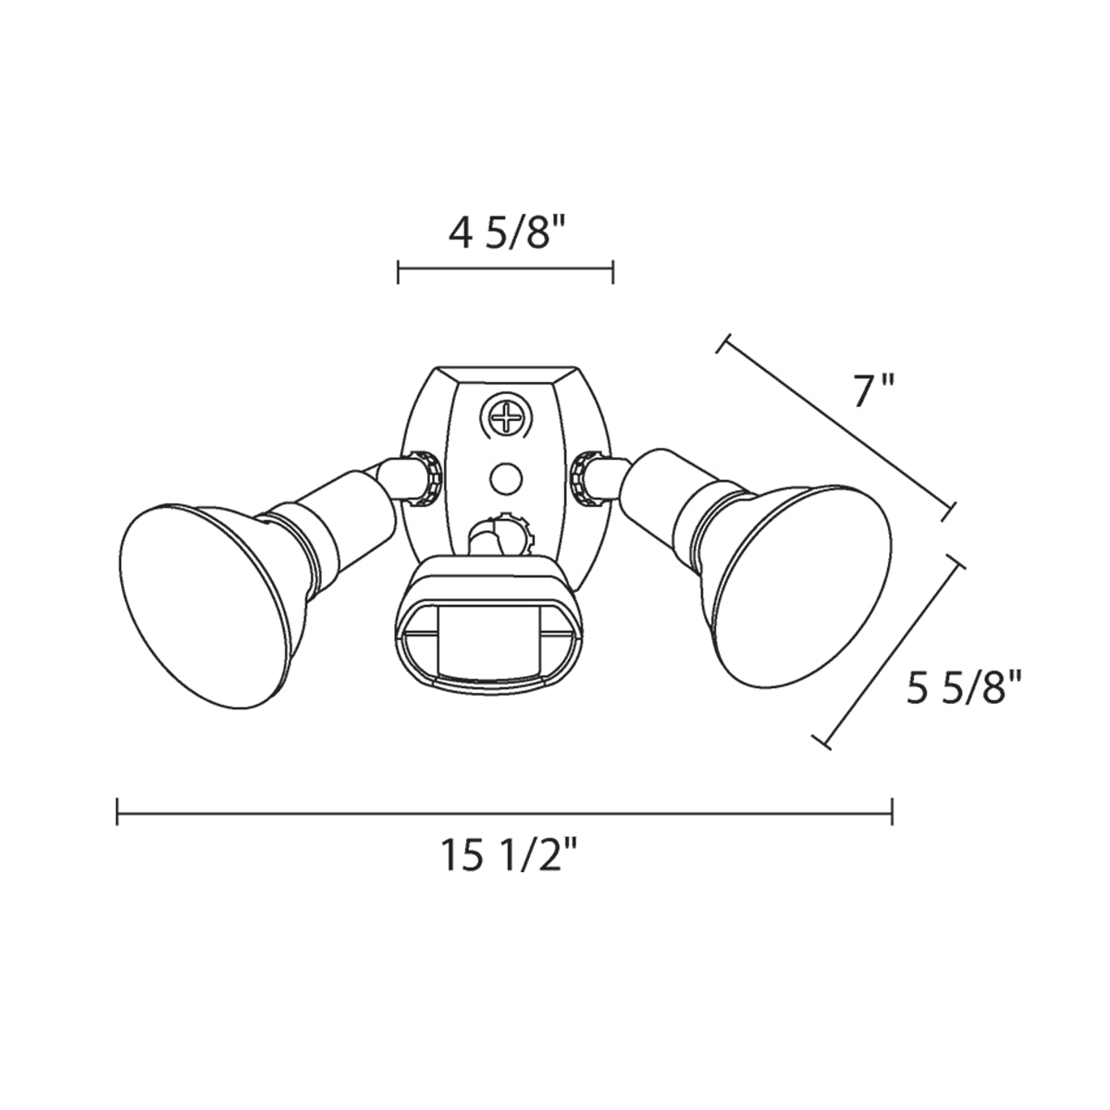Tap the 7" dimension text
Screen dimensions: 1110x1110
(x=873, y=390)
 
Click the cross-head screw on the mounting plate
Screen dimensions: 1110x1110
(x=506, y=414)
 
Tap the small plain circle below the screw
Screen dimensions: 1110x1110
(x=506, y=478)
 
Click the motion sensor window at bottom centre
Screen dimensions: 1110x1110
(x=488, y=635)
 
